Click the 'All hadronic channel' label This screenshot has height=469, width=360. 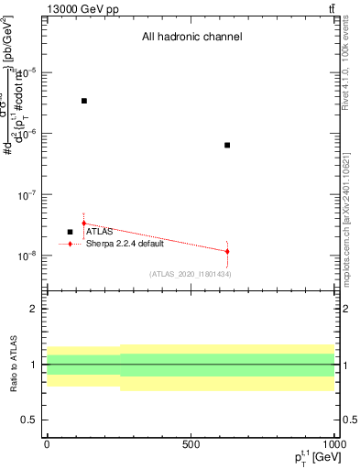tap(191, 38)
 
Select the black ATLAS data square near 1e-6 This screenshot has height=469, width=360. tap(227, 145)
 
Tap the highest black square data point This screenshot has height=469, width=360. tap(84, 101)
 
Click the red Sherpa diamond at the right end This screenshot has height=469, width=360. tap(227, 251)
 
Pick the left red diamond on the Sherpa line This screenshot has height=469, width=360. tap(84, 223)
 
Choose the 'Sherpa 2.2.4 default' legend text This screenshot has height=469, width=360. tap(125, 244)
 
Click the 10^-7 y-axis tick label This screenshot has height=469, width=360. tap(27, 195)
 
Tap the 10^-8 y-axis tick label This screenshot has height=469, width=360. tap(27, 256)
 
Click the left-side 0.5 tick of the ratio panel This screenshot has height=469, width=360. tap(30, 420)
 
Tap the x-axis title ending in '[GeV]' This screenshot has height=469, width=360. tap(311, 456)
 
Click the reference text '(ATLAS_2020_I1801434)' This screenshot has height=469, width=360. tap(191, 274)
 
